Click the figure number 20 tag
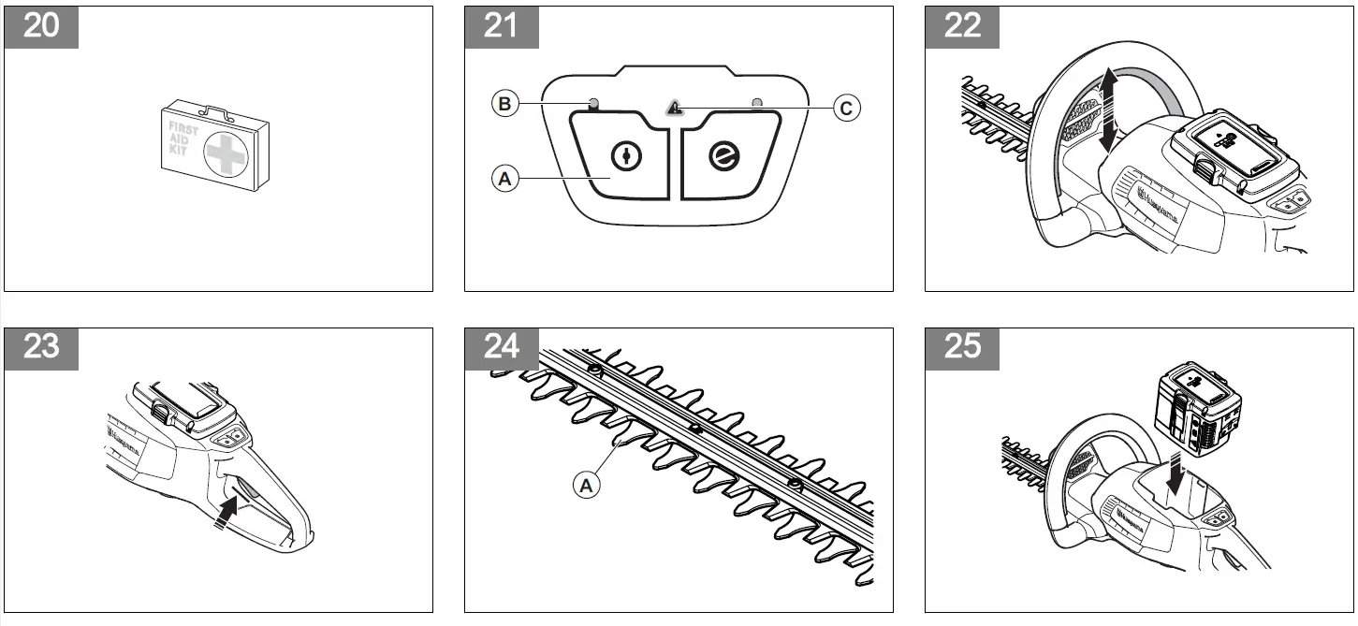coord(41,26)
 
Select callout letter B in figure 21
coord(504,105)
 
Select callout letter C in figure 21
coord(845,109)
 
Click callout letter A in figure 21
coord(504,178)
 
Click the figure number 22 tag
coord(962,26)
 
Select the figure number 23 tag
coord(41,347)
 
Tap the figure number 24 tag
coord(502,347)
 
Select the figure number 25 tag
coord(962,347)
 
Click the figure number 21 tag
coord(502,26)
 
